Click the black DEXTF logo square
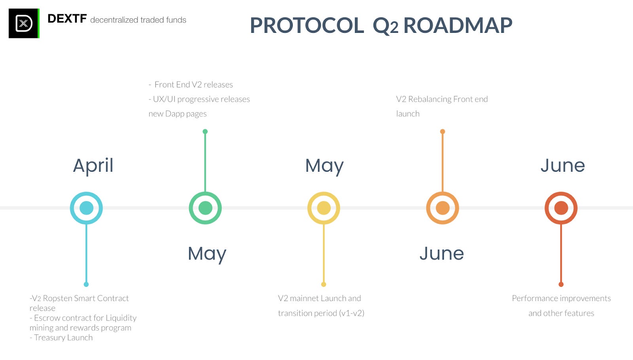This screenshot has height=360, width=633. [x=24, y=23]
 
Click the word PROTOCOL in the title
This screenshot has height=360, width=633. [x=307, y=25]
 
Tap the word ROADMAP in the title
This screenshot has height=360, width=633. [x=458, y=25]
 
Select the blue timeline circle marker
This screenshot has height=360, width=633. [x=86, y=208]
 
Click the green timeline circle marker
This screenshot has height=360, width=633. [x=205, y=208]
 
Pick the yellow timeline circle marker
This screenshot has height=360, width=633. [x=324, y=208]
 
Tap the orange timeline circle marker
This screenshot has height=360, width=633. [x=442, y=208]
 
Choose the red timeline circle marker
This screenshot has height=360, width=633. [x=561, y=208]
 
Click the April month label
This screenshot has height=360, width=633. [x=93, y=165]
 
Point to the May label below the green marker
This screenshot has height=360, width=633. [x=207, y=254]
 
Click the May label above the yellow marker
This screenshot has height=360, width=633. [x=324, y=165]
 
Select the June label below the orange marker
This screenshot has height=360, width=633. [x=442, y=254]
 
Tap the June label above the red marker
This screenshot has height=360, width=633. [x=563, y=165]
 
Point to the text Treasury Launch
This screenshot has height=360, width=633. [x=63, y=337]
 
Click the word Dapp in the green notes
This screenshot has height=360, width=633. [x=174, y=114]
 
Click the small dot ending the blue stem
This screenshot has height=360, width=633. [x=86, y=284]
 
